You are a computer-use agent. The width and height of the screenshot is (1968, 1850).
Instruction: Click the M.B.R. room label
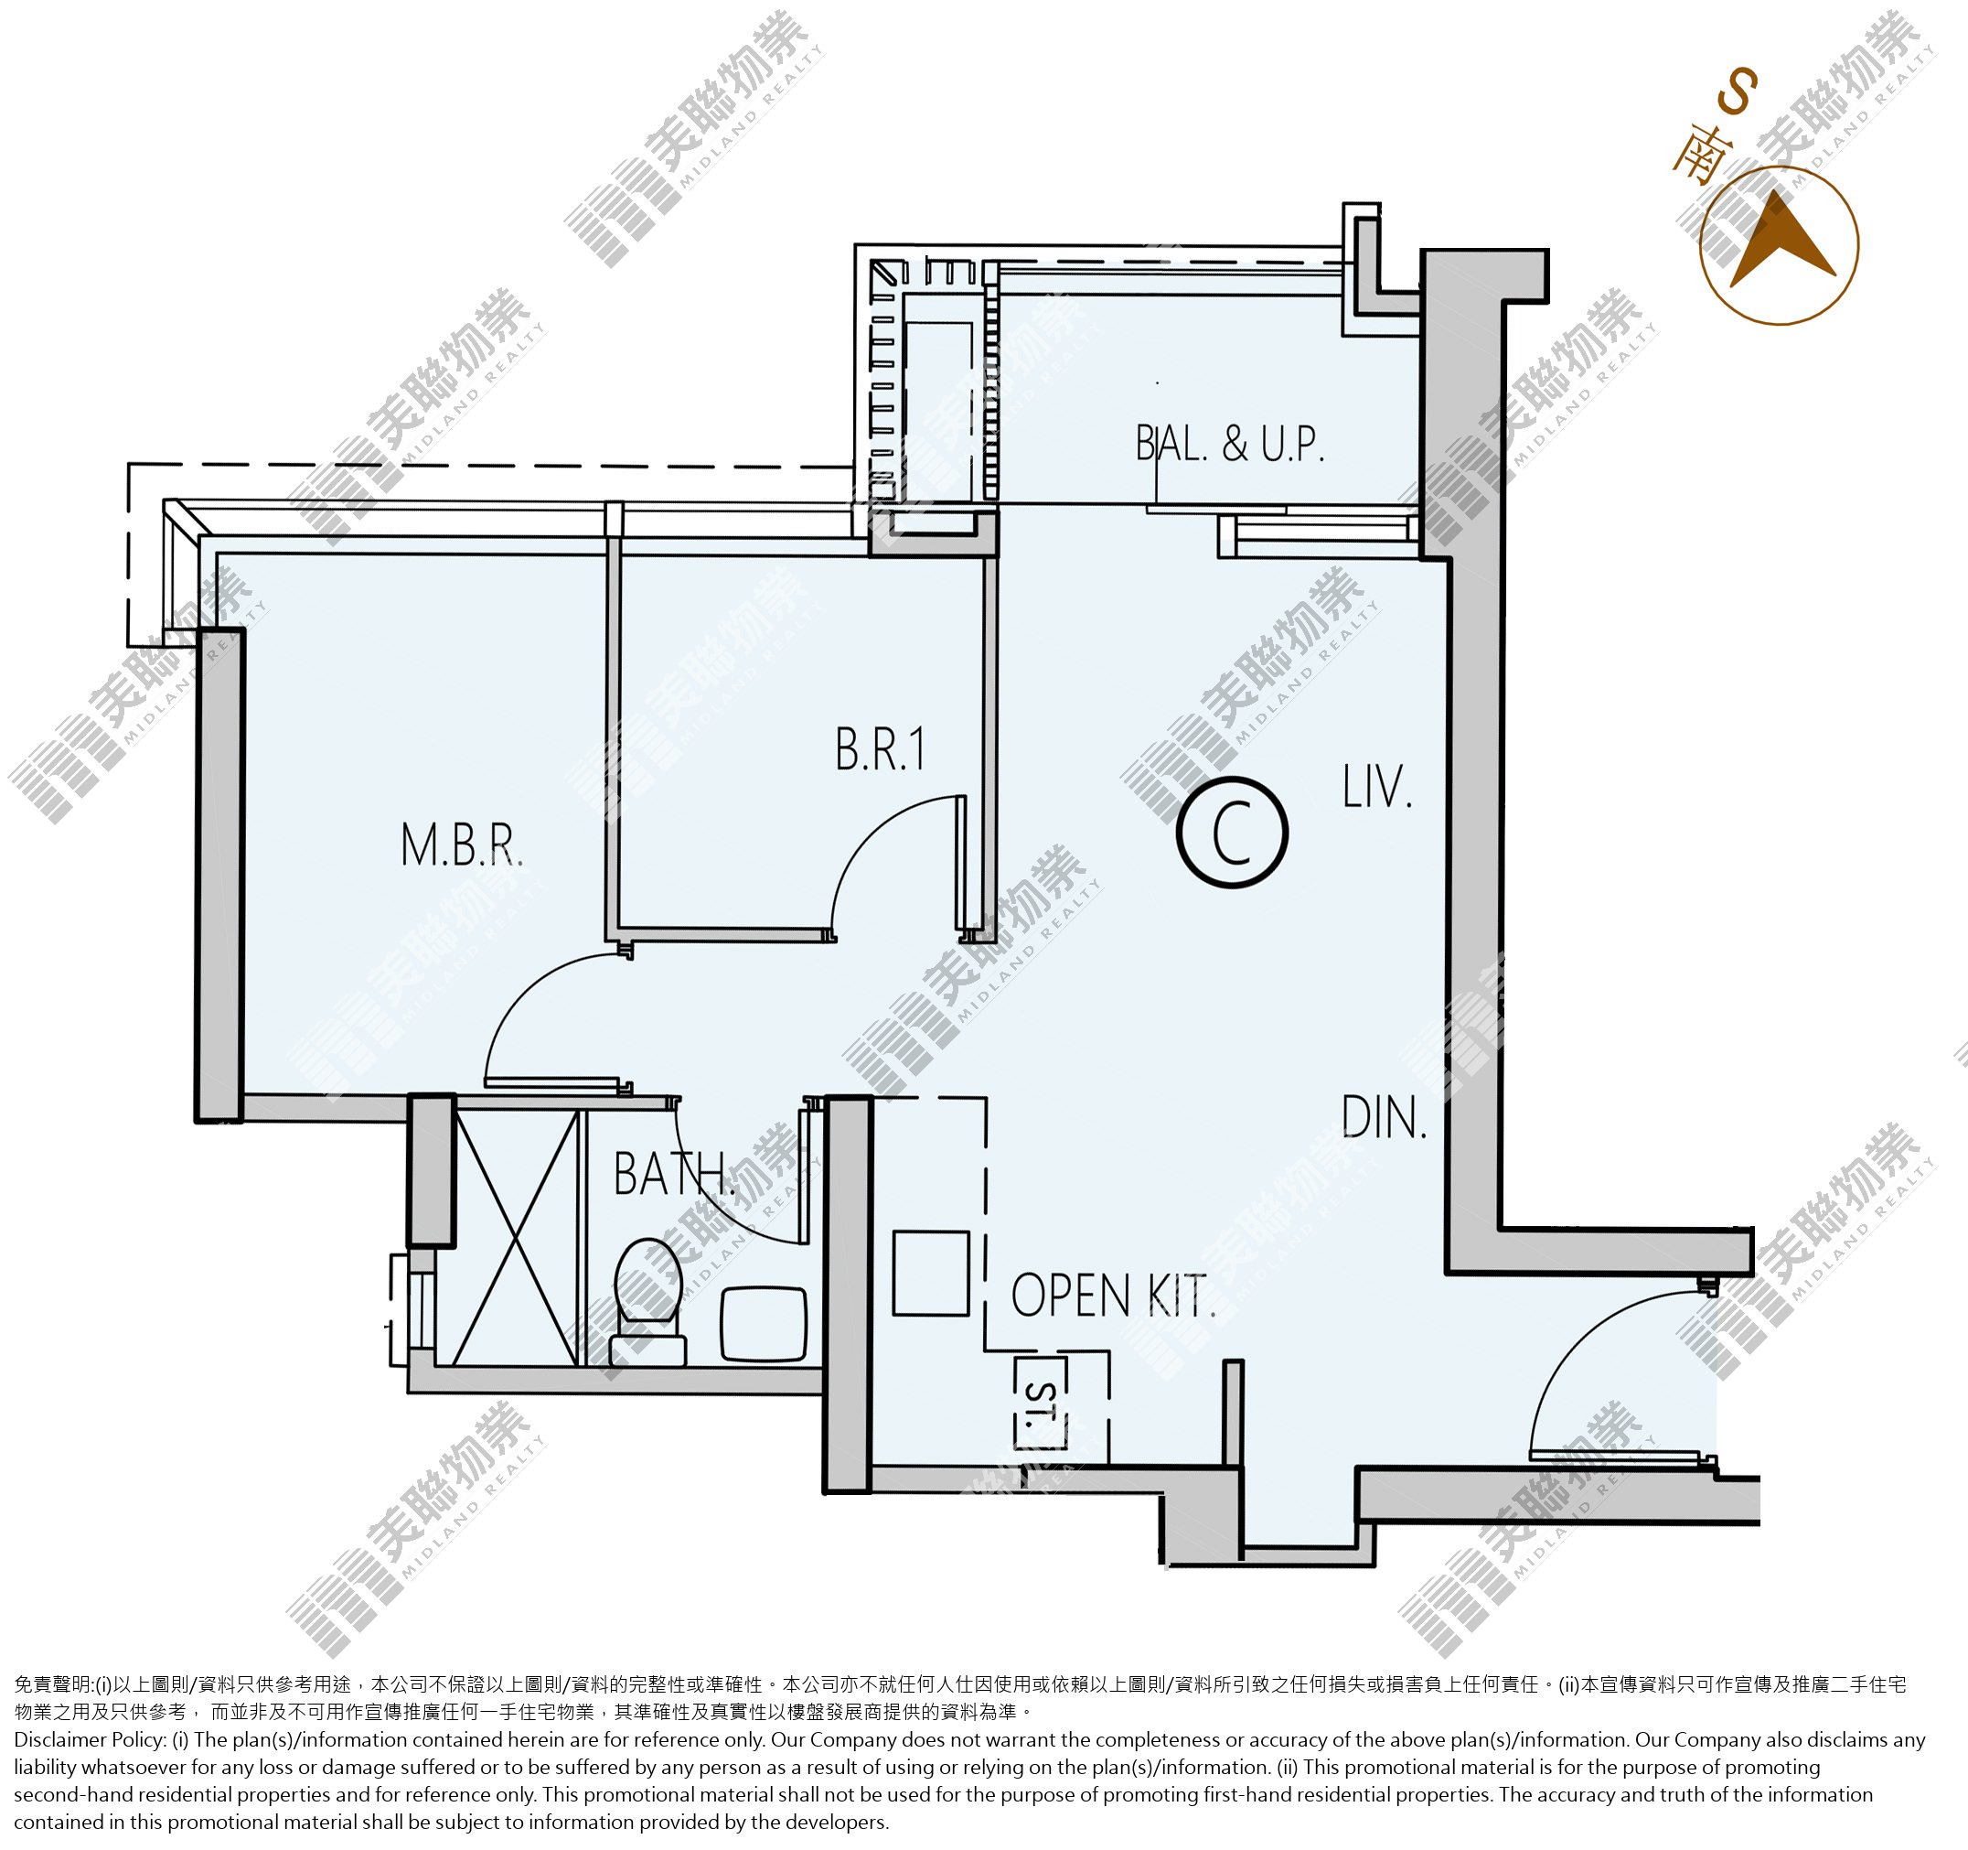(461, 845)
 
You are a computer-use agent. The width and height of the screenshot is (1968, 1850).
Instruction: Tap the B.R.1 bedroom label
(880, 749)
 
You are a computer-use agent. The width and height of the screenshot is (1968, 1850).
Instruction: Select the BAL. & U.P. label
(1229, 444)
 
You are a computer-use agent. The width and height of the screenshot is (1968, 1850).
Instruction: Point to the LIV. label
(1377, 788)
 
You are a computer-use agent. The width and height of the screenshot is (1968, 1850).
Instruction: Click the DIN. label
(1384, 1118)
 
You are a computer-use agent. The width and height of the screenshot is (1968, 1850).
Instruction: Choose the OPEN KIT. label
(1113, 1296)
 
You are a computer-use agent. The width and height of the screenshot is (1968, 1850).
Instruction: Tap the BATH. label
(675, 1174)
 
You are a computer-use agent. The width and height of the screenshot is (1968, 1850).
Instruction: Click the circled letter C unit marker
(1232, 832)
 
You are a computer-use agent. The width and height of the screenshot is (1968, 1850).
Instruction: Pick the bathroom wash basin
(764, 1324)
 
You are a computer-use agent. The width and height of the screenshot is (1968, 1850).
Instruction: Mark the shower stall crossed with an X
(516, 1238)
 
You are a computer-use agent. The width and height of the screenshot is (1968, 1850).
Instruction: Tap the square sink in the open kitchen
(931, 1274)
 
